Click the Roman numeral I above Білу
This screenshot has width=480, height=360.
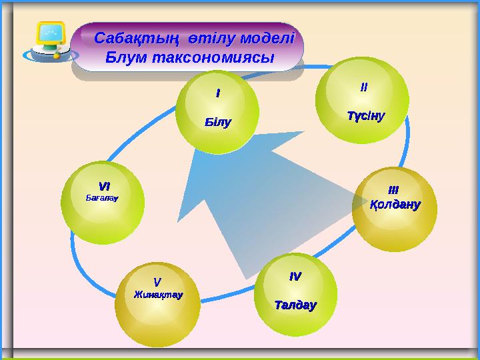pos(217,94)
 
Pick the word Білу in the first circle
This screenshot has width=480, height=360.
pos(217,123)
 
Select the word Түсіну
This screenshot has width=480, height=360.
pos(365,116)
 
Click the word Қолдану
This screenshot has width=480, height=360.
pos(395,205)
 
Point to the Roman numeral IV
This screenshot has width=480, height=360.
pos(295,275)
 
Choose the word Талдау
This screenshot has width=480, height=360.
pos(295,305)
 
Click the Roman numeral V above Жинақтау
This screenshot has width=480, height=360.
pos(157,282)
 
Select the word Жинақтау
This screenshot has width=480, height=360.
pos(158,294)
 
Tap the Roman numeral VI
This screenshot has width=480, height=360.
pos(104,186)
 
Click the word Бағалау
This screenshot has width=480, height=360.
pos(103,198)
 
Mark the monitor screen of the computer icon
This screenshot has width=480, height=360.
pos(50,35)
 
